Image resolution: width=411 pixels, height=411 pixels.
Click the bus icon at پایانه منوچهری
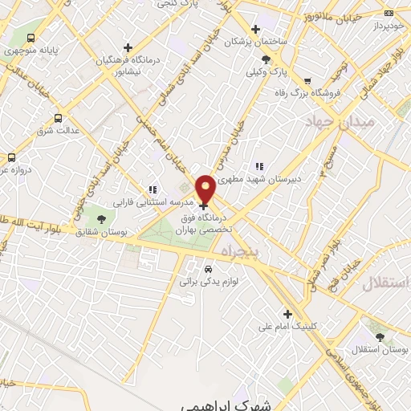tap(31, 38)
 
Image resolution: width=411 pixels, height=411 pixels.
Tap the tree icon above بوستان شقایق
tap(101, 218)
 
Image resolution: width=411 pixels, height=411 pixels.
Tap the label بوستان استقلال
tap(384, 351)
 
